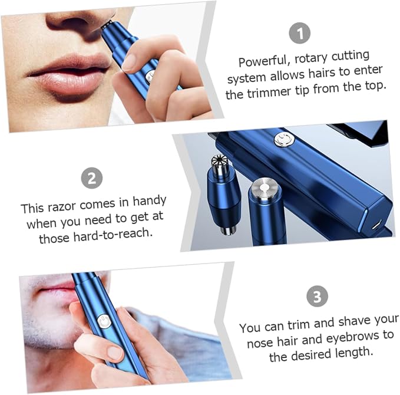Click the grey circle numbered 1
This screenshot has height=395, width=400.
pos(299,33)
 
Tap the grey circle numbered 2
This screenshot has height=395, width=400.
pos(92,178)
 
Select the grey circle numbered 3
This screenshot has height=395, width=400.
pos(317,296)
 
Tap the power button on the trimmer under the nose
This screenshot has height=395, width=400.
pos(150,76)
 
